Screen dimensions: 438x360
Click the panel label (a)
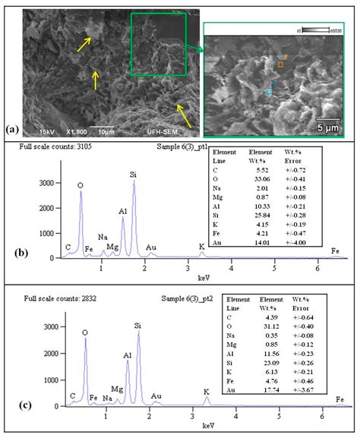tap(11, 129)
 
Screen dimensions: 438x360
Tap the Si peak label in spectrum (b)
tap(134, 174)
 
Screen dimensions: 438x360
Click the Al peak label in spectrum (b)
tap(122, 211)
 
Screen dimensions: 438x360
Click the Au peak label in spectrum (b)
tap(150, 247)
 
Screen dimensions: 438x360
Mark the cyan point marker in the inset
tap(268, 91)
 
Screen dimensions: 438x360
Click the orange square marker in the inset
tap(279, 65)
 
